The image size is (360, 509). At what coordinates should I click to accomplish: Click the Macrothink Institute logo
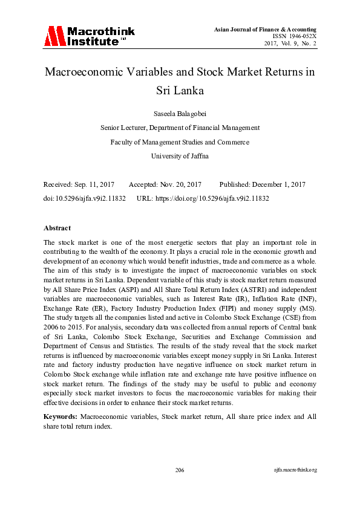click(88, 36)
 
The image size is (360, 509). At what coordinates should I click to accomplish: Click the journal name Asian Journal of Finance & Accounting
click(266, 30)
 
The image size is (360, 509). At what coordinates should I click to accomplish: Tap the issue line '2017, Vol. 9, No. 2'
click(290, 44)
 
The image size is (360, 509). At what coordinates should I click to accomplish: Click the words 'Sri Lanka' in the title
click(180, 91)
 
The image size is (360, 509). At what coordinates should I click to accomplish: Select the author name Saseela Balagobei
click(180, 113)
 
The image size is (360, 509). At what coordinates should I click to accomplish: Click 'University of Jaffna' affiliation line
click(180, 156)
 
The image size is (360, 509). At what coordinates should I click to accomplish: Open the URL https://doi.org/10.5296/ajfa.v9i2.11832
click(212, 198)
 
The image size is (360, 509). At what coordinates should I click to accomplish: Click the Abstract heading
click(57, 228)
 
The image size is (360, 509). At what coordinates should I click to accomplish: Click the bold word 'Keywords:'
click(60, 417)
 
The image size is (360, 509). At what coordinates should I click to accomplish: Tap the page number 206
click(180, 470)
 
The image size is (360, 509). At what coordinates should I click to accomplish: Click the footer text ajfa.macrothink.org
click(295, 470)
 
